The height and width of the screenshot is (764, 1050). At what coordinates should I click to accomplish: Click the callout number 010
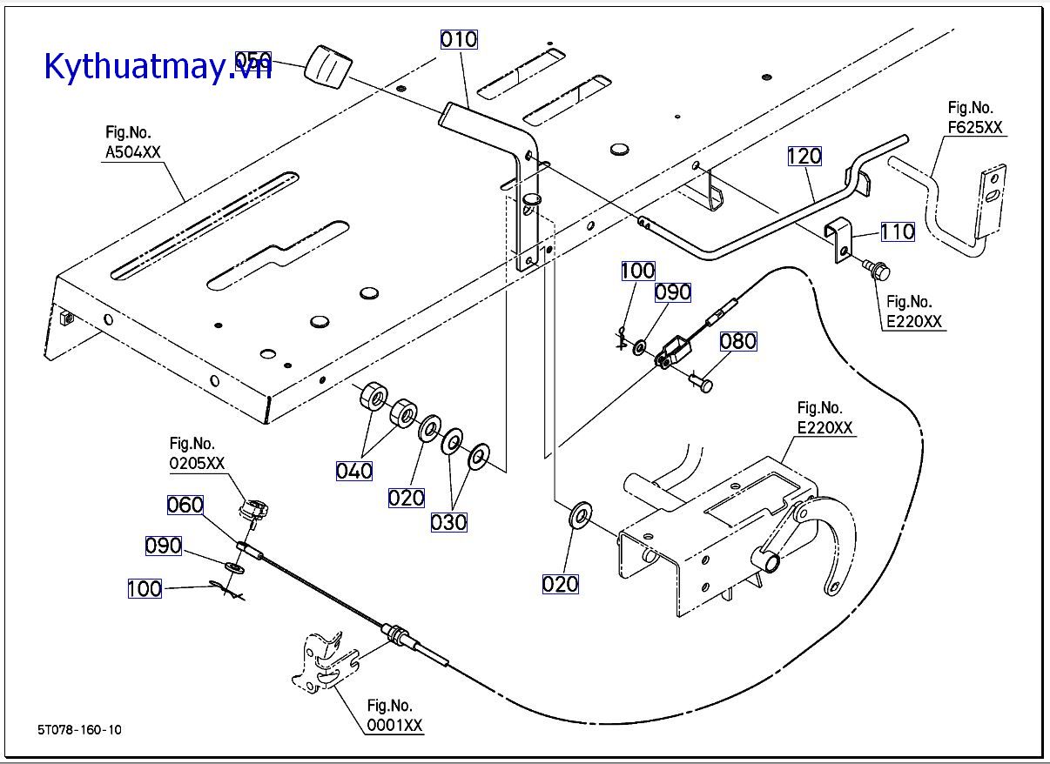(458, 39)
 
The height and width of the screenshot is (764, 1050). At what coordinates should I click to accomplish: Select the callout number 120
(804, 157)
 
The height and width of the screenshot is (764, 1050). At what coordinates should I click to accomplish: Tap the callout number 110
(897, 231)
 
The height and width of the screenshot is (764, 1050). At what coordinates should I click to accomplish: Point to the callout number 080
(737, 341)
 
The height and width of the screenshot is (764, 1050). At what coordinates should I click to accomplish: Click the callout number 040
(354, 471)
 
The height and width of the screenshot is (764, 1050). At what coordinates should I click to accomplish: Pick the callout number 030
(448, 522)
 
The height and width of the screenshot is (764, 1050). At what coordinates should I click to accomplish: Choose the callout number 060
(185, 505)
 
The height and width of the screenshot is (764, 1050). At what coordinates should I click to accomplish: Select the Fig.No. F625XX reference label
(975, 117)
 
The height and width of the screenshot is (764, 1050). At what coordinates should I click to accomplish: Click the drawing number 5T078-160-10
(79, 729)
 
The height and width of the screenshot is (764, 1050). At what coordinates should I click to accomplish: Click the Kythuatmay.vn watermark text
(157, 65)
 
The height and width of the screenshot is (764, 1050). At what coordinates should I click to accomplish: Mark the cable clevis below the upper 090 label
(675, 353)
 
